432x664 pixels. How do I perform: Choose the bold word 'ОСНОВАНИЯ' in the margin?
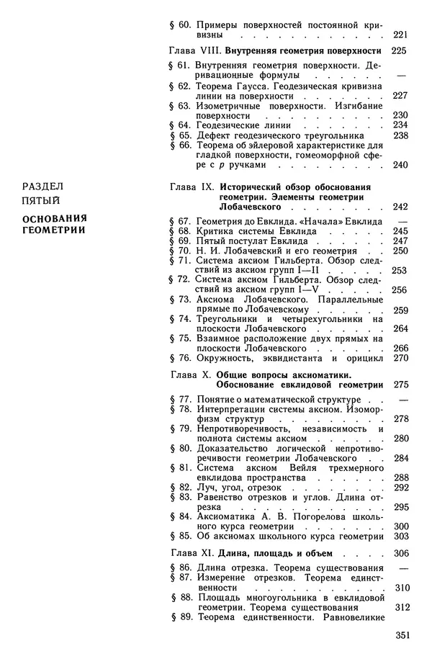click(53, 217)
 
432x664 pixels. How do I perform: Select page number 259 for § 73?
click(401, 310)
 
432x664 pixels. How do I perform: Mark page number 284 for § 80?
click(401, 457)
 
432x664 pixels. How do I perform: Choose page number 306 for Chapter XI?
click(401, 553)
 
